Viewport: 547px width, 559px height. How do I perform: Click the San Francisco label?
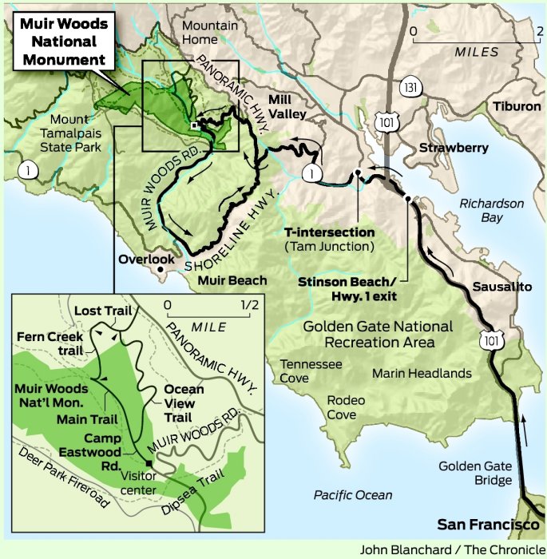(x=488, y=525)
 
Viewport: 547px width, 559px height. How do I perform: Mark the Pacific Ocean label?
(x=353, y=495)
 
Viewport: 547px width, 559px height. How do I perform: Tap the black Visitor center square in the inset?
(x=149, y=463)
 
